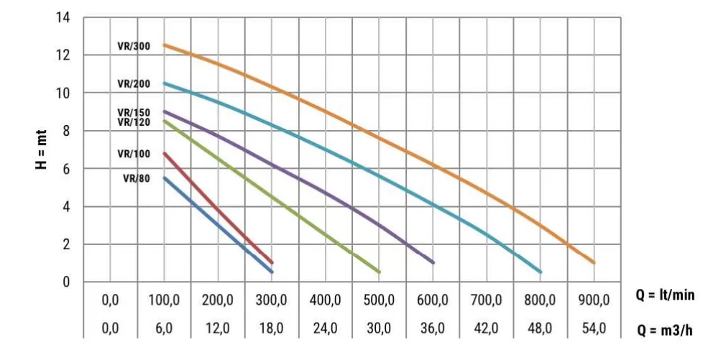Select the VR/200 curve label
(x=134, y=83)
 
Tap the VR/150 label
(x=134, y=113)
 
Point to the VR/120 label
(x=134, y=122)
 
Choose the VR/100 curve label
(x=134, y=154)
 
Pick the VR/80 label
(x=136, y=179)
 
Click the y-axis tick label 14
(x=65, y=17)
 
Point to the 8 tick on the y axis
(x=68, y=131)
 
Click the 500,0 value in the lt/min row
(x=379, y=300)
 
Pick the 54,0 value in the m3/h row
(x=594, y=328)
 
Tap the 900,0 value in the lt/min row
(x=594, y=300)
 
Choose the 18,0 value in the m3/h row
(x=271, y=328)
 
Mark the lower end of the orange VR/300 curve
(x=594, y=262)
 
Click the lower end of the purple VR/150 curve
(x=433, y=262)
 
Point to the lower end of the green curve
(x=379, y=272)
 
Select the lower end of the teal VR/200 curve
(x=540, y=272)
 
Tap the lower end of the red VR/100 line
(x=272, y=262)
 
